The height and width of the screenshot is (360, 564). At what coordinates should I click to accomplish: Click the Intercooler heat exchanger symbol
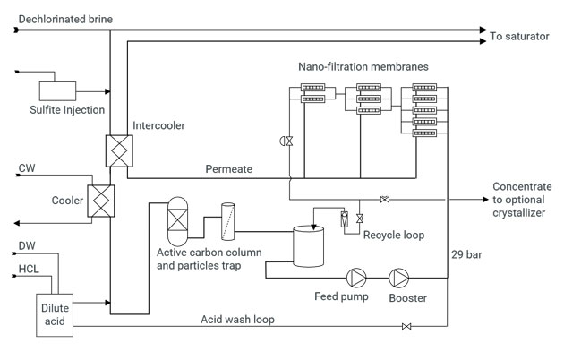(118, 150)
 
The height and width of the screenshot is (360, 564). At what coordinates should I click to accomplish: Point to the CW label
(27, 167)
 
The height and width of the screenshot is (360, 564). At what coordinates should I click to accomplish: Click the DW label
(27, 245)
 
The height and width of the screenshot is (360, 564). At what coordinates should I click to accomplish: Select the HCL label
(29, 268)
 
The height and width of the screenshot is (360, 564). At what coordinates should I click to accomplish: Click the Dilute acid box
(54, 314)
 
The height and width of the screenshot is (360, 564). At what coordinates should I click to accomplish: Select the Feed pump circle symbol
(356, 276)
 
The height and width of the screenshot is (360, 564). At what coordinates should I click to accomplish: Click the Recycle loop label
(393, 235)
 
